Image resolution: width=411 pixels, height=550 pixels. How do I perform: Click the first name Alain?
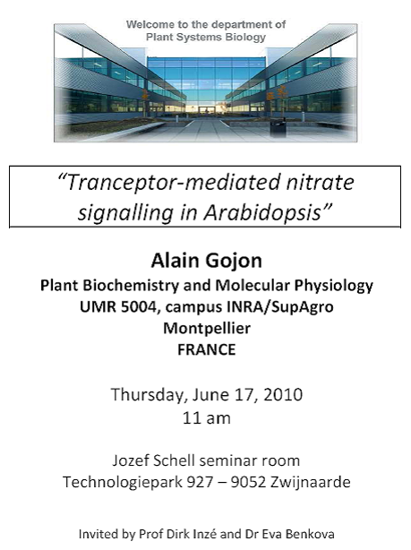click(x=176, y=261)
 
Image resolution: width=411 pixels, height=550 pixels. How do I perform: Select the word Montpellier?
click(x=207, y=329)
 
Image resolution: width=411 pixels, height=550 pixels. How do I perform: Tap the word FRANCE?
click(x=207, y=349)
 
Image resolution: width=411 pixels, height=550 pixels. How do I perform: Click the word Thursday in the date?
click(x=147, y=395)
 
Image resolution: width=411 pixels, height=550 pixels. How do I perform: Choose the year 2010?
click(x=283, y=395)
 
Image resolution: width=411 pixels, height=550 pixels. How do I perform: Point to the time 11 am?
click(x=207, y=418)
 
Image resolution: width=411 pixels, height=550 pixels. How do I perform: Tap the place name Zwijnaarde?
click(x=310, y=482)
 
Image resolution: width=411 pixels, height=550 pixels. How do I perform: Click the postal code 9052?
click(x=248, y=482)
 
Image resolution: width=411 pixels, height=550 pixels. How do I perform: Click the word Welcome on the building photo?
click(x=145, y=24)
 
